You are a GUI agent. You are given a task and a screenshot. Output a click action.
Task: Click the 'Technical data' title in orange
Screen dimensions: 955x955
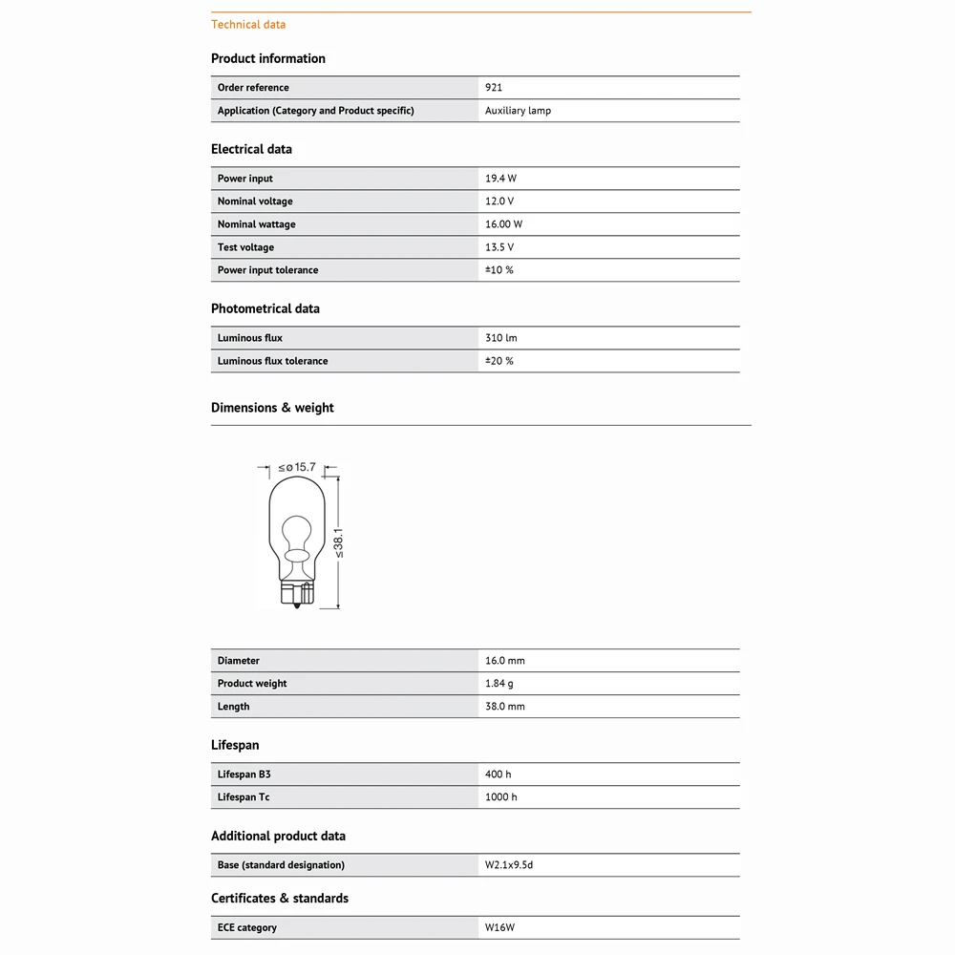(x=247, y=25)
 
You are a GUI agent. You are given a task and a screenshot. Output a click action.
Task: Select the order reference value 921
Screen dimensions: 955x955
(x=494, y=88)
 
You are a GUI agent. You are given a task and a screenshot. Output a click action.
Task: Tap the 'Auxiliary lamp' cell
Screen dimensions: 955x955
(x=518, y=111)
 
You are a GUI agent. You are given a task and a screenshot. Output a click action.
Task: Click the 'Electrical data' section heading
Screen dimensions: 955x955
(x=251, y=149)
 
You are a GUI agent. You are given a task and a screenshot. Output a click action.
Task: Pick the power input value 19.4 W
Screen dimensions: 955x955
(x=500, y=179)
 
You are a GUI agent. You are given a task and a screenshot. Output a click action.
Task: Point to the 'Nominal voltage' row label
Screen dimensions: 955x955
(x=255, y=202)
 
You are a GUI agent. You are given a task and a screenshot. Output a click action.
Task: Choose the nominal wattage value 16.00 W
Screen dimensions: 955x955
(x=503, y=224)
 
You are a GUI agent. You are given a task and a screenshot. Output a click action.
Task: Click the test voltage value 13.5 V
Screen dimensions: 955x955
(x=499, y=247)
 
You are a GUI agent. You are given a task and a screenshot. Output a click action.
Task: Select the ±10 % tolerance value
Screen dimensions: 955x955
(x=499, y=270)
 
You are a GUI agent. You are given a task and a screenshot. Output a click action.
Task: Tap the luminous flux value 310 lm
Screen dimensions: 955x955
(x=500, y=338)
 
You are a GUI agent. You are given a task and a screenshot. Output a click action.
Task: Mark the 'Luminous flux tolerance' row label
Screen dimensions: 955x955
(x=272, y=361)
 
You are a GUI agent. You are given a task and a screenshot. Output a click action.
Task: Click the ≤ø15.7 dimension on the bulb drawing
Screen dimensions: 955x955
(x=297, y=467)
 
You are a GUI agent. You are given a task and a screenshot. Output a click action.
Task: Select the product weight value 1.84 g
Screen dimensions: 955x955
(x=499, y=684)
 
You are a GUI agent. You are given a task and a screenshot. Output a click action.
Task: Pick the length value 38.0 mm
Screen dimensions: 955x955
(x=504, y=707)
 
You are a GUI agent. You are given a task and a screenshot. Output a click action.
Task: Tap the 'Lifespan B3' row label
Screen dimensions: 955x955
(x=237, y=775)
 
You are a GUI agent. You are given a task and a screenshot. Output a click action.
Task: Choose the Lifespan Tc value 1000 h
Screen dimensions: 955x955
(x=500, y=797)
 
